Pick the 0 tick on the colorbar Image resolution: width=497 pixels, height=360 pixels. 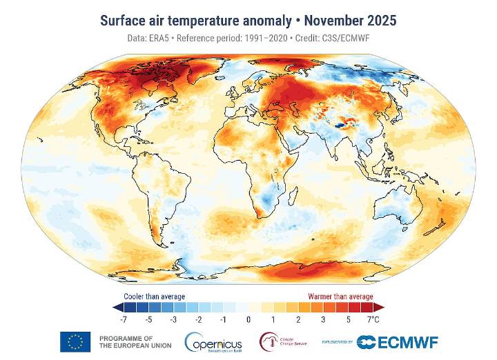[248, 320]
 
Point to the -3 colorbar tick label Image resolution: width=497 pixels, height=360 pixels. [173, 320]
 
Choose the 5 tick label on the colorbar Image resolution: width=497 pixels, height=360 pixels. [349, 320]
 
